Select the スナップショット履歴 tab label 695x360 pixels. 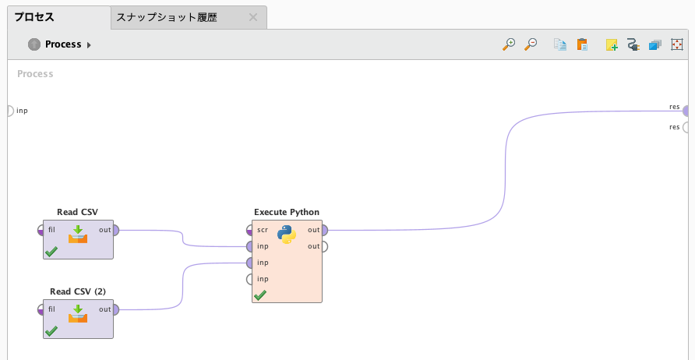point(166,18)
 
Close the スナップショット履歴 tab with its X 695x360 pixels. point(252,18)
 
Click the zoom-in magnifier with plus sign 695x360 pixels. point(509,44)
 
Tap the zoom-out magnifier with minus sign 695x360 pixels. point(531,44)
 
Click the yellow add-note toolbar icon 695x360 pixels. point(612,44)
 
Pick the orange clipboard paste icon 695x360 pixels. point(582,44)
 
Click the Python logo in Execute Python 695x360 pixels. point(287,235)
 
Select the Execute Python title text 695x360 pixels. point(287,212)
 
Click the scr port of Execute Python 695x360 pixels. point(249,230)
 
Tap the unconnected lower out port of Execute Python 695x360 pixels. point(324,246)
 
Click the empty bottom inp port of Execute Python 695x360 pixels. point(249,279)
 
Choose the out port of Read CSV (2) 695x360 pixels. point(115,309)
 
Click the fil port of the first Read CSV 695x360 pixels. point(41,230)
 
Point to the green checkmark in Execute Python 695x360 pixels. point(260,295)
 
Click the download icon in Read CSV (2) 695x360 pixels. point(78,314)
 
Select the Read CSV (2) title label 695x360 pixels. point(78,291)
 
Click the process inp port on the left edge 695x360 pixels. point(11,111)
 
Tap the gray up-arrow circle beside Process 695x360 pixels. point(34,44)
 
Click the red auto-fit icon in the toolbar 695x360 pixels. point(677,44)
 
